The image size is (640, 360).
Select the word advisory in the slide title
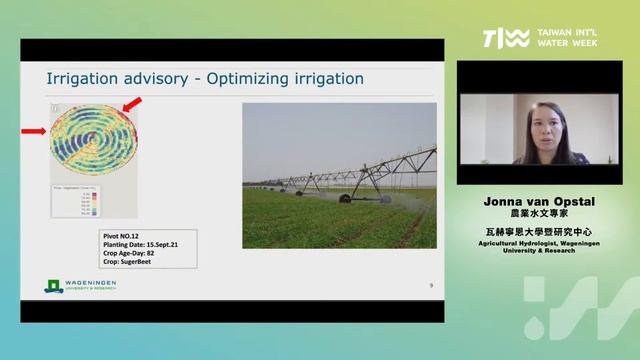point(153,78)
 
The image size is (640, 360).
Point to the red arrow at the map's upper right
point(131,103)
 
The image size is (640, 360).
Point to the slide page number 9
point(430,286)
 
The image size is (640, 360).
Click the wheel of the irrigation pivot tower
point(345,198)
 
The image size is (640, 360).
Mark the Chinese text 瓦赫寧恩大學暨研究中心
point(539,232)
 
